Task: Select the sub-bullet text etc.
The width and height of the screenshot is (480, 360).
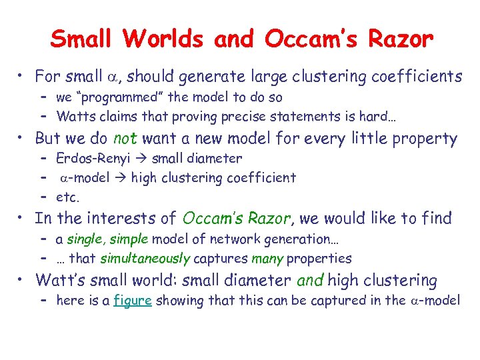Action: coord(68,197)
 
